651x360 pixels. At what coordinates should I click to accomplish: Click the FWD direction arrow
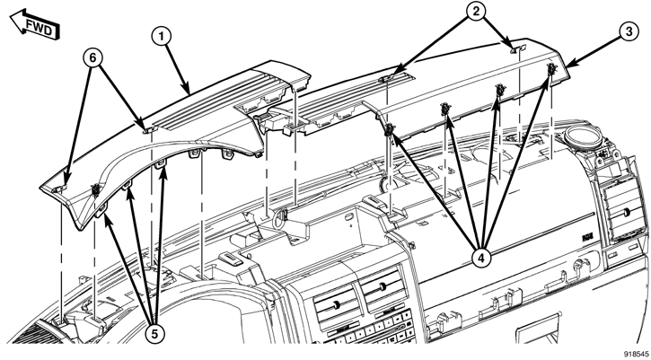(x=35, y=25)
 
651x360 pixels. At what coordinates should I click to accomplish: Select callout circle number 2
(x=476, y=11)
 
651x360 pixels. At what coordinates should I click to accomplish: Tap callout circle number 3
(x=629, y=32)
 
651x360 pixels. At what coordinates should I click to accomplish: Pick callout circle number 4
(x=481, y=258)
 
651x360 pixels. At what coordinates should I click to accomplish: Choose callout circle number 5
(x=154, y=333)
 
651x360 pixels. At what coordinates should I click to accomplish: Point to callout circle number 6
(x=92, y=57)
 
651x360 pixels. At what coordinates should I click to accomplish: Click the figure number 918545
(x=636, y=355)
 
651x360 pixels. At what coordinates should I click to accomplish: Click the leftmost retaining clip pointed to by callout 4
(x=389, y=130)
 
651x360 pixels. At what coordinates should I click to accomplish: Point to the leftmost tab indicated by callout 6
(x=59, y=189)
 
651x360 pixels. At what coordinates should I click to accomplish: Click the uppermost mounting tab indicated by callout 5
(x=161, y=164)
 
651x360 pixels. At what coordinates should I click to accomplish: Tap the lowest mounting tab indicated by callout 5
(x=101, y=213)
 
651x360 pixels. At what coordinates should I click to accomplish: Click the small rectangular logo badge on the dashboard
(x=586, y=238)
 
